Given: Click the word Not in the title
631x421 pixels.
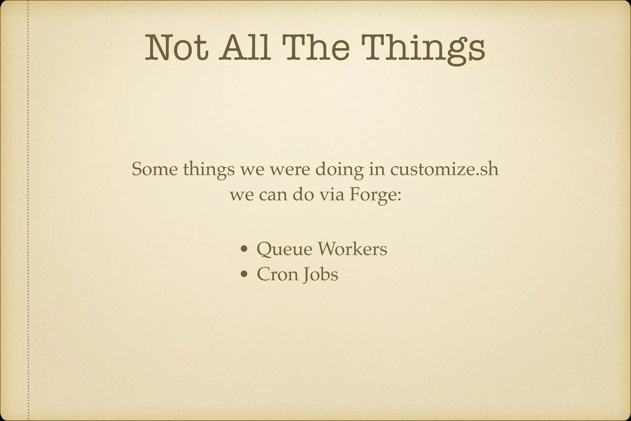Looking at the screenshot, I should click(177, 48).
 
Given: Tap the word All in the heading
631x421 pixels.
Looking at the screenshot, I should click(245, 48).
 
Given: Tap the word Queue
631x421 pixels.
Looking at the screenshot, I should click(284, 249).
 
